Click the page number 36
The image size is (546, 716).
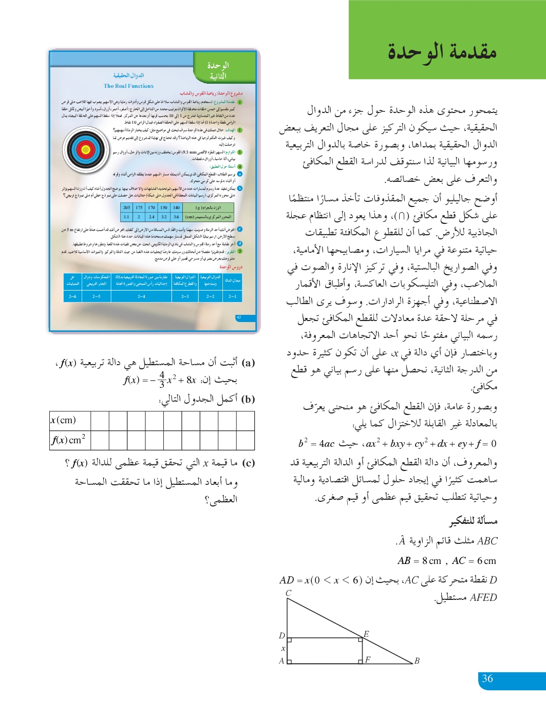pyautogui.click(x=487, y=679)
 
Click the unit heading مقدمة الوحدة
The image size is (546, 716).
pyautogui.click(x=442, y=51)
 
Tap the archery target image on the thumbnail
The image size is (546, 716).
pyautogui.click(x=86, y=150)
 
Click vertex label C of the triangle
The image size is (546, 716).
pyautogui.click(x=288, y=593)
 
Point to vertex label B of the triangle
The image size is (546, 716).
pyautogui.click(x=417, y=661)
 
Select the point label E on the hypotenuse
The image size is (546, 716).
pyautogui.click(x=366, y=634)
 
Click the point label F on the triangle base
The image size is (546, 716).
pyautogui.click(x=368, y=660)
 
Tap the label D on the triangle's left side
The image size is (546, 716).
pyautogui.click(x=281, y=635)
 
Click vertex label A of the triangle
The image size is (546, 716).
pyautogui.click(x=281, y=661)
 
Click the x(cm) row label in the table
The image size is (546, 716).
pyautogui.click(x=63, y=420)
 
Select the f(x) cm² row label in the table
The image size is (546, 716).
pyautogui.click(x=68, y=440)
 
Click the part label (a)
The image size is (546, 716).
pyautogui.click(x=248, y=363)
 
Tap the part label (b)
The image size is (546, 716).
pyautogui.click(x=248, y=399)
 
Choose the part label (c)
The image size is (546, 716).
pyautogui.click(x=248, y=463)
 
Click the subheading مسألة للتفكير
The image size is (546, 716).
pyautogui.click(x=474, y=521)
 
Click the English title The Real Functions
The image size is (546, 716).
pyautogui.click(x=128, y=86)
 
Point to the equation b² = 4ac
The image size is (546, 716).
pyautogui.click(x=316, y=444)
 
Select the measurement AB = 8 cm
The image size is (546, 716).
pyautogui.click(x=419, y=561)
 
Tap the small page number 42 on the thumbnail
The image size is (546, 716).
pyautogui.click(x=239, y=317)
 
